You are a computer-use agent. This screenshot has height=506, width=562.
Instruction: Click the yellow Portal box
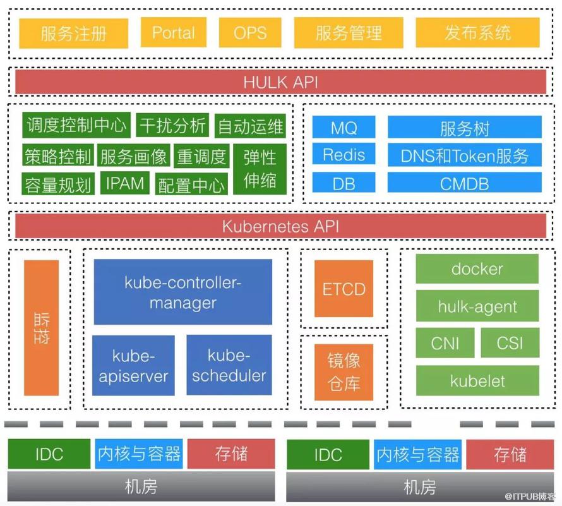tap(174, 32)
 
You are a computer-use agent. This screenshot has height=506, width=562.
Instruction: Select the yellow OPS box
tap(250, 32)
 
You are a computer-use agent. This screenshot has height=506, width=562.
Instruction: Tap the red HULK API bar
tap(280, 81)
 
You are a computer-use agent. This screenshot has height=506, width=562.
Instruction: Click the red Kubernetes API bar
tap(280, 226)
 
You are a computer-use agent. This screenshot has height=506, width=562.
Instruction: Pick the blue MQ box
tap(344, 127)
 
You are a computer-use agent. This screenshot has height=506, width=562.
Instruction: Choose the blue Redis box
tap(344, 155)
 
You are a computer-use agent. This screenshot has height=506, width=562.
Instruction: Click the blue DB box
tap(344, 183)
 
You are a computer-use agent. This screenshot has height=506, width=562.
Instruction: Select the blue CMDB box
tap(465, 183)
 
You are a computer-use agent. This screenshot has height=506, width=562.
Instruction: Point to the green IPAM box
tap(125, 183)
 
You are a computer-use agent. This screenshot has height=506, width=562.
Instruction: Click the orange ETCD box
tap(344, 289)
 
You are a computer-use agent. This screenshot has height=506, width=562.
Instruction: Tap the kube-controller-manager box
tap(182, 292)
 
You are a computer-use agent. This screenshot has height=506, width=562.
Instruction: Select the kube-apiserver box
tap(133, 365)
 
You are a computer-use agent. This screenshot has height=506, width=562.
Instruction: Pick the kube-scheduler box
tap(229, 365)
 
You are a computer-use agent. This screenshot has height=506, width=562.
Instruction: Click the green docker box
tap(477, 268)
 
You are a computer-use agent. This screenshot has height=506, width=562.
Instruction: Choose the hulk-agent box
tap(477, 306)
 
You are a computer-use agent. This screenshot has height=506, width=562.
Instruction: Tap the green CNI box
tap(445, 343)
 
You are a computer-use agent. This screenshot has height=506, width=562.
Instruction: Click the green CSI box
tap(510, 343)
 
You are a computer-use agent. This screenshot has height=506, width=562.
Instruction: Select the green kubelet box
tap(477, 380)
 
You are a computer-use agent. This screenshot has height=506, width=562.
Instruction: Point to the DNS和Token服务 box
tap(465, 155)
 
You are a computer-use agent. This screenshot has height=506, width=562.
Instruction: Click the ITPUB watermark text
tap(529, 497)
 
